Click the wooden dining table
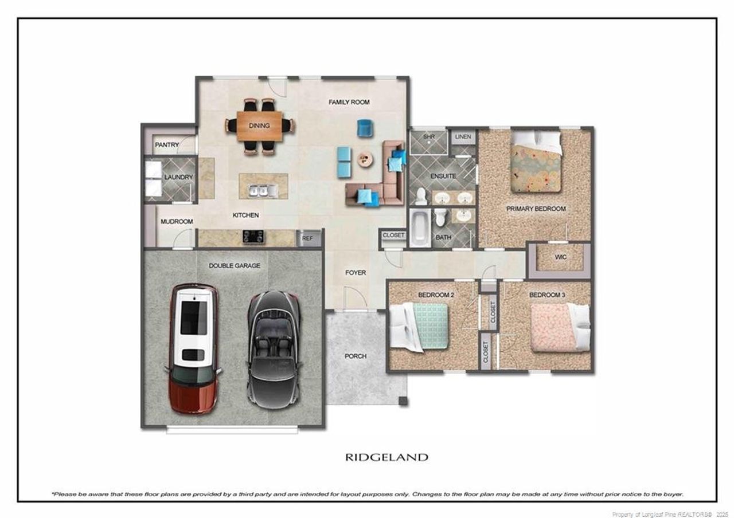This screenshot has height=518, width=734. tap(260, 126)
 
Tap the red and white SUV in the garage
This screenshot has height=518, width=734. tap(193, 348)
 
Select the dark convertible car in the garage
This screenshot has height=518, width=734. tap(274, 350)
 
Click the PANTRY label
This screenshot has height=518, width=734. tap(167, 145)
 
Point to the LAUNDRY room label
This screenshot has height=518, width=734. tap(178, 177)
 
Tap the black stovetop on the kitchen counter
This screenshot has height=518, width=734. tap(253, 237)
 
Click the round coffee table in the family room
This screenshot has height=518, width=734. tap(365, 160)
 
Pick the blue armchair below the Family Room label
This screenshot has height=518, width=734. tap(365, 128)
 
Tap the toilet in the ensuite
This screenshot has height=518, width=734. tap(421, 196)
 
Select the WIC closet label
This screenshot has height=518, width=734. tap(561, 257)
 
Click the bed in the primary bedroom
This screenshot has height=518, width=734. tap(536, 162)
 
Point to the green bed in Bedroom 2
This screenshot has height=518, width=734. tap(419, 327)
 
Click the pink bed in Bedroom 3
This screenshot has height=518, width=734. tap(560, 327)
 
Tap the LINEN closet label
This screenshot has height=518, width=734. tap(463, 136)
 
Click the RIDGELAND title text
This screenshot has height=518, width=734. tap(386, 457)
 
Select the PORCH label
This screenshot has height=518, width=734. tap(356, 356)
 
